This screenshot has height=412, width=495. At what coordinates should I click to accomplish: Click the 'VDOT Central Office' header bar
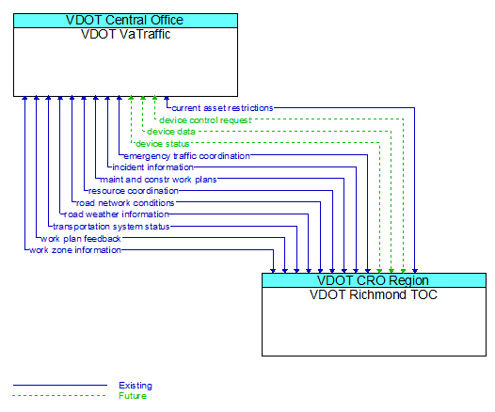125,20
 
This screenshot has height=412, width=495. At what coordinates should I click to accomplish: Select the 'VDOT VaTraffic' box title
125,34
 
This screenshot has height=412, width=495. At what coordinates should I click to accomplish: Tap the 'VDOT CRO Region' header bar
374,280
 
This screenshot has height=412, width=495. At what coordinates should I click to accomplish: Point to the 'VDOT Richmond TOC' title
374,294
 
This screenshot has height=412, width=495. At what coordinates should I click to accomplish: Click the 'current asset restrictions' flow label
222,108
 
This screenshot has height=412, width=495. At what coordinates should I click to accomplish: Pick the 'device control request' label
205,120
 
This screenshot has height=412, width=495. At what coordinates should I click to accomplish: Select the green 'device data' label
171,132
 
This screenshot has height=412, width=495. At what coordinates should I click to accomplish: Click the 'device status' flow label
162,144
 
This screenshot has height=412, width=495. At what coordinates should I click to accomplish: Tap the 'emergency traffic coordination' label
186,155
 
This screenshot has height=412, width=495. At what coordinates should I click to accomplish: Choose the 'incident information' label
152,167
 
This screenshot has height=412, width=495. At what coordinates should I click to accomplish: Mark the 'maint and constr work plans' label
158,179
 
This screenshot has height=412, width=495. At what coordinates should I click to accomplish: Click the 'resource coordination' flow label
133,191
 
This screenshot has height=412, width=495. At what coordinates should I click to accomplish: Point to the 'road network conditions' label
125,202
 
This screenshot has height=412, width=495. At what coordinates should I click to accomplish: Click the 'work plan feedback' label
80,238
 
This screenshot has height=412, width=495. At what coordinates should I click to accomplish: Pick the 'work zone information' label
74,250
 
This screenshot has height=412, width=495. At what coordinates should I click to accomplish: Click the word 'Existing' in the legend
136,386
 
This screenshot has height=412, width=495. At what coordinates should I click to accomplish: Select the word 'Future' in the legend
133,396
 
